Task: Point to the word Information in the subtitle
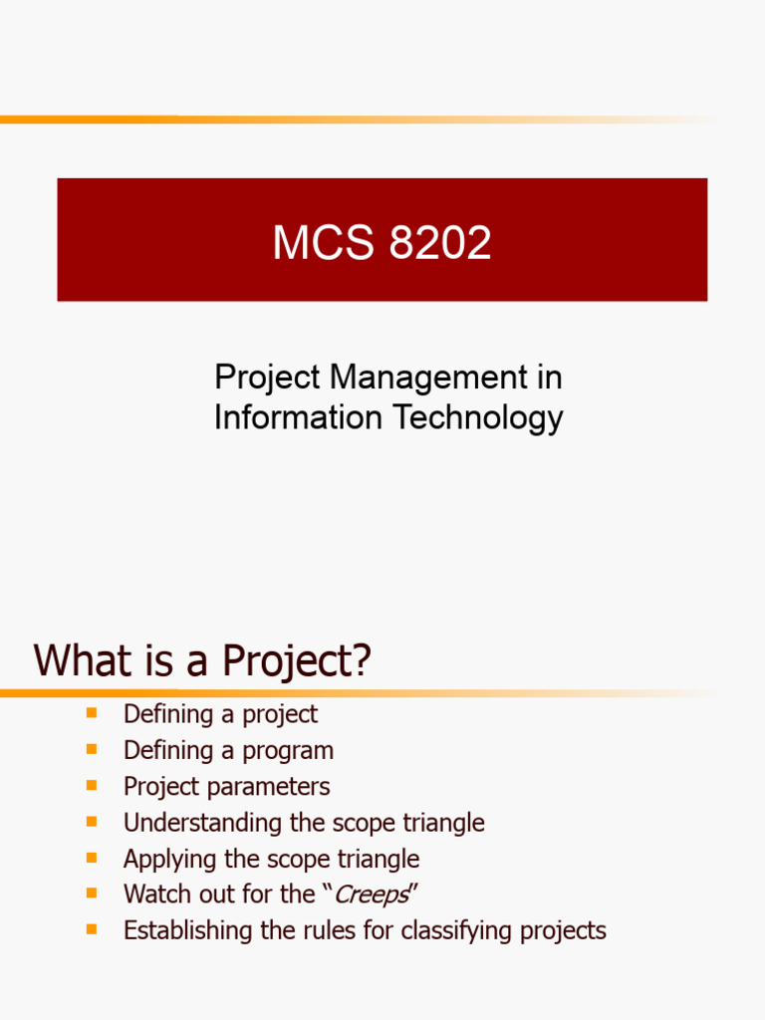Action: point(298,417)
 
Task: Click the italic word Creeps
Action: point(371,894)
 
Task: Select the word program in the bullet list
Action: point(288,750)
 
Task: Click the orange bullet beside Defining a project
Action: point(92,713)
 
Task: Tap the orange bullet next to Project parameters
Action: point(92,785)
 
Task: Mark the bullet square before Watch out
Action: point(92,893)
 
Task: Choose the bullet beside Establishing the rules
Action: point(92,929)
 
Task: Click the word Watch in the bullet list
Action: point(155,894)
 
